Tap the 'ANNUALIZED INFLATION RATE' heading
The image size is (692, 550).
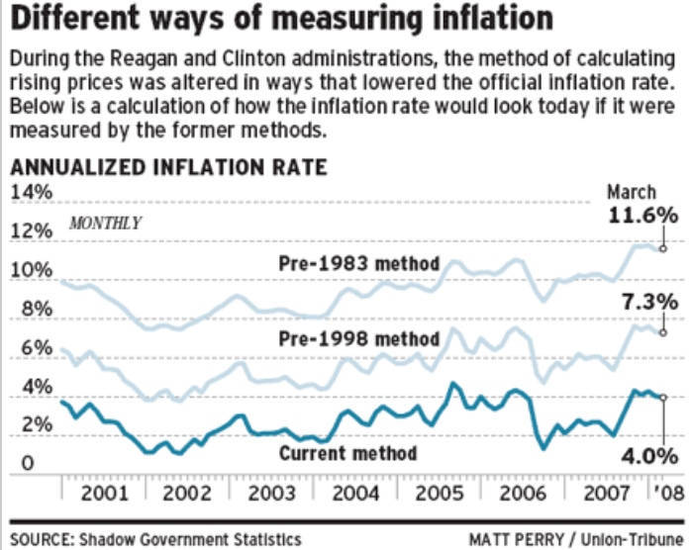coord(168,166)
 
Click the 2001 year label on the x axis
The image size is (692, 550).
coord(103,492)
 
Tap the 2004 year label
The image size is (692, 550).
coord(352,492)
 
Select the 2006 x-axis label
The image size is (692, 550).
coord(519,492)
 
